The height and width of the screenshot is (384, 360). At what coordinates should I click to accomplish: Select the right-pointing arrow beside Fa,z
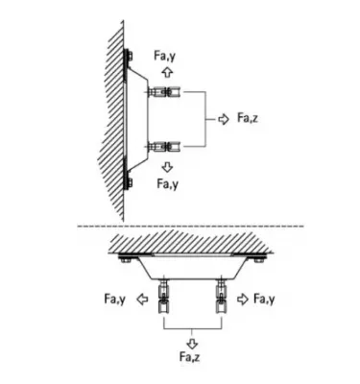tap(223, 117)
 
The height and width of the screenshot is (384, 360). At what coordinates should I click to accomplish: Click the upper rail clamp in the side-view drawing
tap(165, 92)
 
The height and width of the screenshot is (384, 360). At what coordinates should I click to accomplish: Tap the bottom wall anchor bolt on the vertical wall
tap(128, 179)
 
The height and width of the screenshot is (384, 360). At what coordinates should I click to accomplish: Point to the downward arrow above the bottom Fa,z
tap(193, 341)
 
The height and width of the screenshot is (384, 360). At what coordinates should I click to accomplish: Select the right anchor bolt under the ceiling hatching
tap(260, 257)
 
